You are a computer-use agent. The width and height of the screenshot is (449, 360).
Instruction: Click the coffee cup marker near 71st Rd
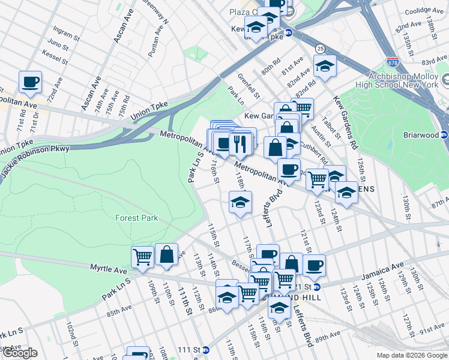point(30,82)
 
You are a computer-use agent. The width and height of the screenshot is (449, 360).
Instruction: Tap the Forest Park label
point(137,218)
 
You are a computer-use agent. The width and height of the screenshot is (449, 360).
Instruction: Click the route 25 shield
point(321,48)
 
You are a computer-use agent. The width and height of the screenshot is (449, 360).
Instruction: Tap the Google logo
point(19,353)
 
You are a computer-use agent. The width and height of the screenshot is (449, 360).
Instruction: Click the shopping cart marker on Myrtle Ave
point(143,257)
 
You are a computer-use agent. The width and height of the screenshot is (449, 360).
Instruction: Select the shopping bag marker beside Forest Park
point(166,254)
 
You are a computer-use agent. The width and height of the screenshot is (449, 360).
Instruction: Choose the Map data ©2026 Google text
point(412,355)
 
